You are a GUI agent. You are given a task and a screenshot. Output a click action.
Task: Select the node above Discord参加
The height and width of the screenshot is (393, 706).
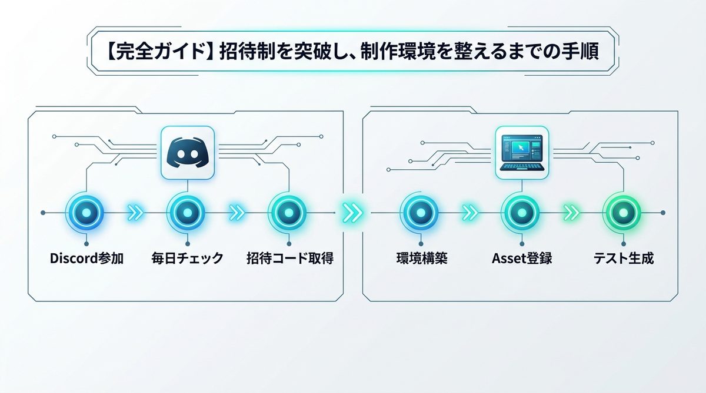86,212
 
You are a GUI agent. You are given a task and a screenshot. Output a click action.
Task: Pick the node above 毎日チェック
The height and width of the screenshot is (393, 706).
187,212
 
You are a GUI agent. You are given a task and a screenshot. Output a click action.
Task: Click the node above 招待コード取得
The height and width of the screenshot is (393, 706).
288,212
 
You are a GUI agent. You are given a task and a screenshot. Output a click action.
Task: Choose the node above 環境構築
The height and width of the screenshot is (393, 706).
421,212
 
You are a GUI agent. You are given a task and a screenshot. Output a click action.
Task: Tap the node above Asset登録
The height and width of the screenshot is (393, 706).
522,212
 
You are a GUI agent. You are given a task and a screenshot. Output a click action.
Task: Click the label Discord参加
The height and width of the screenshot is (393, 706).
86,258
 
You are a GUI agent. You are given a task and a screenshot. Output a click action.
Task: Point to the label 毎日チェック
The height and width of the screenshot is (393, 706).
187,258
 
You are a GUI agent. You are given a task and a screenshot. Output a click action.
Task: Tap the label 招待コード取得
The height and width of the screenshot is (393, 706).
289,258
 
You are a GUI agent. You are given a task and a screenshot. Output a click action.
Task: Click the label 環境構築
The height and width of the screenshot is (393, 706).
421,258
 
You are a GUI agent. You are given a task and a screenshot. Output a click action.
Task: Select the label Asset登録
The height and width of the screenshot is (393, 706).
522,258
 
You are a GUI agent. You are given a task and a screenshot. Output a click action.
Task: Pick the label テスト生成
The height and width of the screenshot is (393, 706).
624,258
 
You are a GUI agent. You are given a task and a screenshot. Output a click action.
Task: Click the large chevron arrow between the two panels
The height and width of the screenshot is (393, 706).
352,213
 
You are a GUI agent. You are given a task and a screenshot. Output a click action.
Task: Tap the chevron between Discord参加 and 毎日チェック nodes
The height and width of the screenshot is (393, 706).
136,213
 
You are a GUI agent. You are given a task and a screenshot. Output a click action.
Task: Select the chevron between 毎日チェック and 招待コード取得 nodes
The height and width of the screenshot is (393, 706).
237,213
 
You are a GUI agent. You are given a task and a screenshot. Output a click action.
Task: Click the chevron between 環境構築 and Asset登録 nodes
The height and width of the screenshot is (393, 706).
471,213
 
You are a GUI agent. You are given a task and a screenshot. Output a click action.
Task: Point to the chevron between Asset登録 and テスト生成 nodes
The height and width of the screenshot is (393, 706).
572,213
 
